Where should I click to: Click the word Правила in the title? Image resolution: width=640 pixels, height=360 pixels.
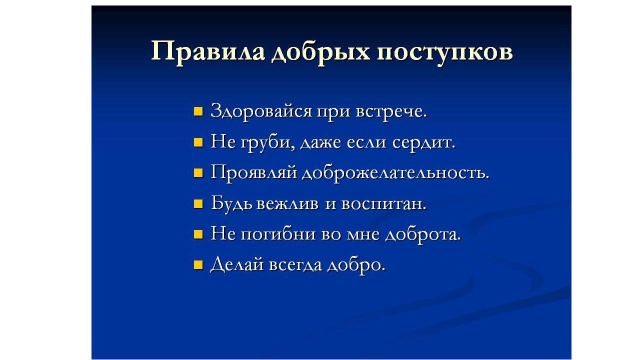(207, 52)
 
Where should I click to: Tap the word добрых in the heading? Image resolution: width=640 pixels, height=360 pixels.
(320, 53)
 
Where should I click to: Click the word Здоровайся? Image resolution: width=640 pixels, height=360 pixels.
(261, 111)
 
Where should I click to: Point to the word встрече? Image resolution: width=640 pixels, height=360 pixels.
(391, 111)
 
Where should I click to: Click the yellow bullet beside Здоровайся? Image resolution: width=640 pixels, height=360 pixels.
(198, 111)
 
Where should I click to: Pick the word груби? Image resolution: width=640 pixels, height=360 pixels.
(267, 142)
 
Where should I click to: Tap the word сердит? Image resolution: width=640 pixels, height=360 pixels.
(423, 143)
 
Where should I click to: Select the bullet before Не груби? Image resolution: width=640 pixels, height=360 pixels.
(198, 142)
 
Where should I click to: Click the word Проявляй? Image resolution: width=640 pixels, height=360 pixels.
(254, 173)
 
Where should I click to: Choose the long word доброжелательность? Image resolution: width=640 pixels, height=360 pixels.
(395, 173)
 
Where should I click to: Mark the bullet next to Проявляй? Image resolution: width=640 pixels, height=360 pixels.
(198, 173)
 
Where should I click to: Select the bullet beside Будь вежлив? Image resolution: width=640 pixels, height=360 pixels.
(198, 204)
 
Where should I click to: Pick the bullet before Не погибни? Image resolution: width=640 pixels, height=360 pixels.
(198, 234)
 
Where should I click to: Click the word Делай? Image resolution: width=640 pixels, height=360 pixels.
(237, 264)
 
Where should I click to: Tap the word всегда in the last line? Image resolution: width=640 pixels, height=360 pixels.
(295, 265)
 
